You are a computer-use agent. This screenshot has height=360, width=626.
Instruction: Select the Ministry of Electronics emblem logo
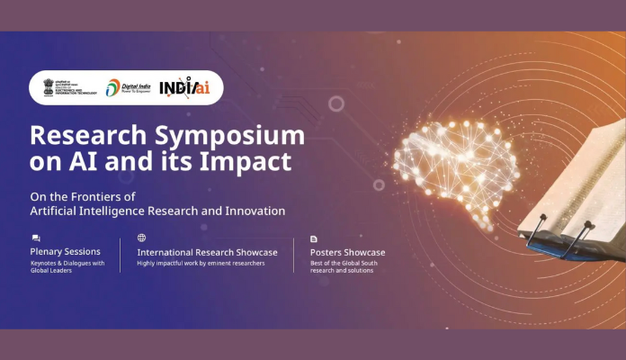point(66,87)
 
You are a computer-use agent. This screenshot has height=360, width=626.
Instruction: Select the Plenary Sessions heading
point(65,252)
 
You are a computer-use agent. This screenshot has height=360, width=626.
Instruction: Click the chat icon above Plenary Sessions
point(36,238)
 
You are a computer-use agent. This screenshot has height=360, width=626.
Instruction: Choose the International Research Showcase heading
point(207,252)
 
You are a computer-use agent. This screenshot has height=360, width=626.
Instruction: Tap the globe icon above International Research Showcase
point(141,238)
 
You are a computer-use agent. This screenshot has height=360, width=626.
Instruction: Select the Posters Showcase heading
point(347,252)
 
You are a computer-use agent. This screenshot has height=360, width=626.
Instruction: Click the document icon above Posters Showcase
point(314,238)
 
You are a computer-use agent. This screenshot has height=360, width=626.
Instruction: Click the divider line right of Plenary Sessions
point(121,255)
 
